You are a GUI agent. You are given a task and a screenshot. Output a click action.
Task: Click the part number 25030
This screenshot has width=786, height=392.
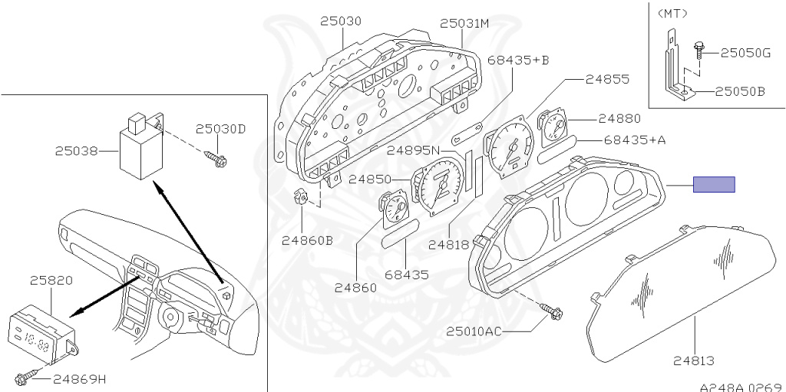click(340, 21)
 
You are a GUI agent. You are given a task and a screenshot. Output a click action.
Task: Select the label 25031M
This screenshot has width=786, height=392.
click(464, 24)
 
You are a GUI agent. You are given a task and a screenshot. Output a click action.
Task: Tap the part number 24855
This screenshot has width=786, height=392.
click(607, 79)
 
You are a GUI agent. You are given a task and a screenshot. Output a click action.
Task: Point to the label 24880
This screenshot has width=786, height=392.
click(619, 119)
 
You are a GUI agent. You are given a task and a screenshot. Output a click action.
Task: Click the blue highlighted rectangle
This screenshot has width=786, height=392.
click(714, 184)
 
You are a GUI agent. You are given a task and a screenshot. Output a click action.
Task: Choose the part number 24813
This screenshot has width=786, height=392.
click(694, 360)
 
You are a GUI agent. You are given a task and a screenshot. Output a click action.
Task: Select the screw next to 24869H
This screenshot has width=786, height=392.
click(23, 377)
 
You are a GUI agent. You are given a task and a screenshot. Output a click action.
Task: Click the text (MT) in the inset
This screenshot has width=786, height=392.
click(672, 13)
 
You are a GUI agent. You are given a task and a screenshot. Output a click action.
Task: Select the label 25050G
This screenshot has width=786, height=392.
click(745, 53)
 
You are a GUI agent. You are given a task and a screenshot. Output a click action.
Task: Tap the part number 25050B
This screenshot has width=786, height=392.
click(741, 91)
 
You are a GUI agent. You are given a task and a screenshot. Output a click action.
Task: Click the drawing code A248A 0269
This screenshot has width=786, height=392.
click(740, 386)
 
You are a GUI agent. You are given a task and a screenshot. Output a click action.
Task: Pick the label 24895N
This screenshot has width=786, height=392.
click(414, 150)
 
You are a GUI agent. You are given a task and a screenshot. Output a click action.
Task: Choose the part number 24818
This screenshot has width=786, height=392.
click(448, 245)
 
